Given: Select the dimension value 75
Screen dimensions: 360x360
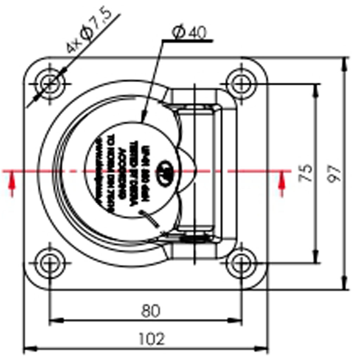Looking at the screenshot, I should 307,173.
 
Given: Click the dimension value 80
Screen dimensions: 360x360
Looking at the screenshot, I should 150,310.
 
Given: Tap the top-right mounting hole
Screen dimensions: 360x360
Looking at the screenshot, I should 241,84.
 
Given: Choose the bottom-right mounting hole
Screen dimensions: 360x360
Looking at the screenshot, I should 241,263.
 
